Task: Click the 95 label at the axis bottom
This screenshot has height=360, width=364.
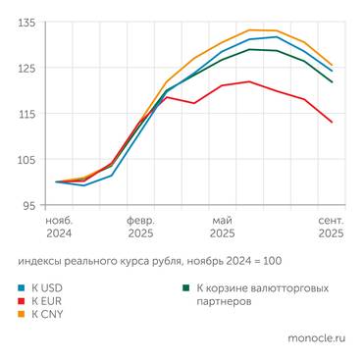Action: coord(29,206)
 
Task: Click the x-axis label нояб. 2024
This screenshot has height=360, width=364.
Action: coord(59,228)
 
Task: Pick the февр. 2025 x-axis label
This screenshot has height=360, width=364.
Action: coord(139,228)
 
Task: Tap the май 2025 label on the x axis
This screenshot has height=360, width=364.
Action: coord(222,228)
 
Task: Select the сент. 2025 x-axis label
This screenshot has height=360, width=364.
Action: coord(329,228)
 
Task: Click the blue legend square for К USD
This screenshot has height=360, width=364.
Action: coord(22,288)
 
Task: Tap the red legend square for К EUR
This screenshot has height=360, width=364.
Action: coord(22,302)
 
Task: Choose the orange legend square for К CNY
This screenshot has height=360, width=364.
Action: coord(22,315)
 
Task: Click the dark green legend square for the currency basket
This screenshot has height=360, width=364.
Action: coord(186,288)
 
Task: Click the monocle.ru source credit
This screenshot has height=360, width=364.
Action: coord(316,338)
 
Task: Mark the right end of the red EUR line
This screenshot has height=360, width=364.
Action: coord(332,123)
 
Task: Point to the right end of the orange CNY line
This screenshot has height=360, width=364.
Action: coord(332,65)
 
